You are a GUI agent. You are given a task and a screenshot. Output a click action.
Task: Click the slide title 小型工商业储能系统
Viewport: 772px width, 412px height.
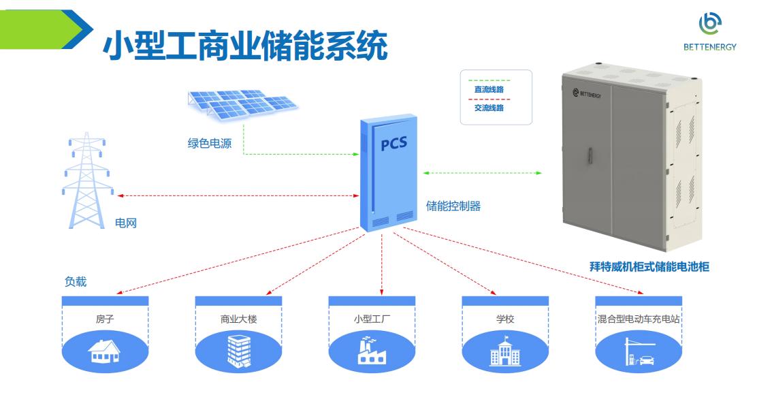point(245,46)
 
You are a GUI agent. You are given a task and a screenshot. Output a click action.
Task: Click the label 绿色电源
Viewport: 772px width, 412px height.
point(209,144)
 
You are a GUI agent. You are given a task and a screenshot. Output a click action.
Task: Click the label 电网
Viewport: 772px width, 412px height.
point(126,223)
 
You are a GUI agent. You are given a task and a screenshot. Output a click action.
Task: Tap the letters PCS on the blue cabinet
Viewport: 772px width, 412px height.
point(393,145)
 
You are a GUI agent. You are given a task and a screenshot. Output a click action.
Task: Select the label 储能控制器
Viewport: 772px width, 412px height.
point(453,206)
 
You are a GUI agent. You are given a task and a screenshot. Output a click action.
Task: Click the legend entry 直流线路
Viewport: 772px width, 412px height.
point(489,89)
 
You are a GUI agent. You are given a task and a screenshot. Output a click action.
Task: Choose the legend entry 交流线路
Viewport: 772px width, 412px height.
point(489,108)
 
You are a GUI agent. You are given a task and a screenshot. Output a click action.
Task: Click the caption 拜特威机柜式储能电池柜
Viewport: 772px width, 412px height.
point(649,267)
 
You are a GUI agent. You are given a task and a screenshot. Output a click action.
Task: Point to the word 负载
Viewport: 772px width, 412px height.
point(76,282)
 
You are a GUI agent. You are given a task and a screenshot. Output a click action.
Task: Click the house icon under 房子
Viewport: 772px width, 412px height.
point(104,351)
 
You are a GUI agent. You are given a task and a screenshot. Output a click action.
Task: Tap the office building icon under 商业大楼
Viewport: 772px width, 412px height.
point(238,351)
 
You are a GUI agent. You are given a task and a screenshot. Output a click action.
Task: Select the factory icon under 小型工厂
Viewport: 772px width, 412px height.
point(372,351)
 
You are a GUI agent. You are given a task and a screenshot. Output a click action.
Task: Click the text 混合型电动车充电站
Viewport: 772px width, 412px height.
point(639,319)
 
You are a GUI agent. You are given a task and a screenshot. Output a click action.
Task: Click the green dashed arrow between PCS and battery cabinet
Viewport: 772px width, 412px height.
point(482,173)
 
